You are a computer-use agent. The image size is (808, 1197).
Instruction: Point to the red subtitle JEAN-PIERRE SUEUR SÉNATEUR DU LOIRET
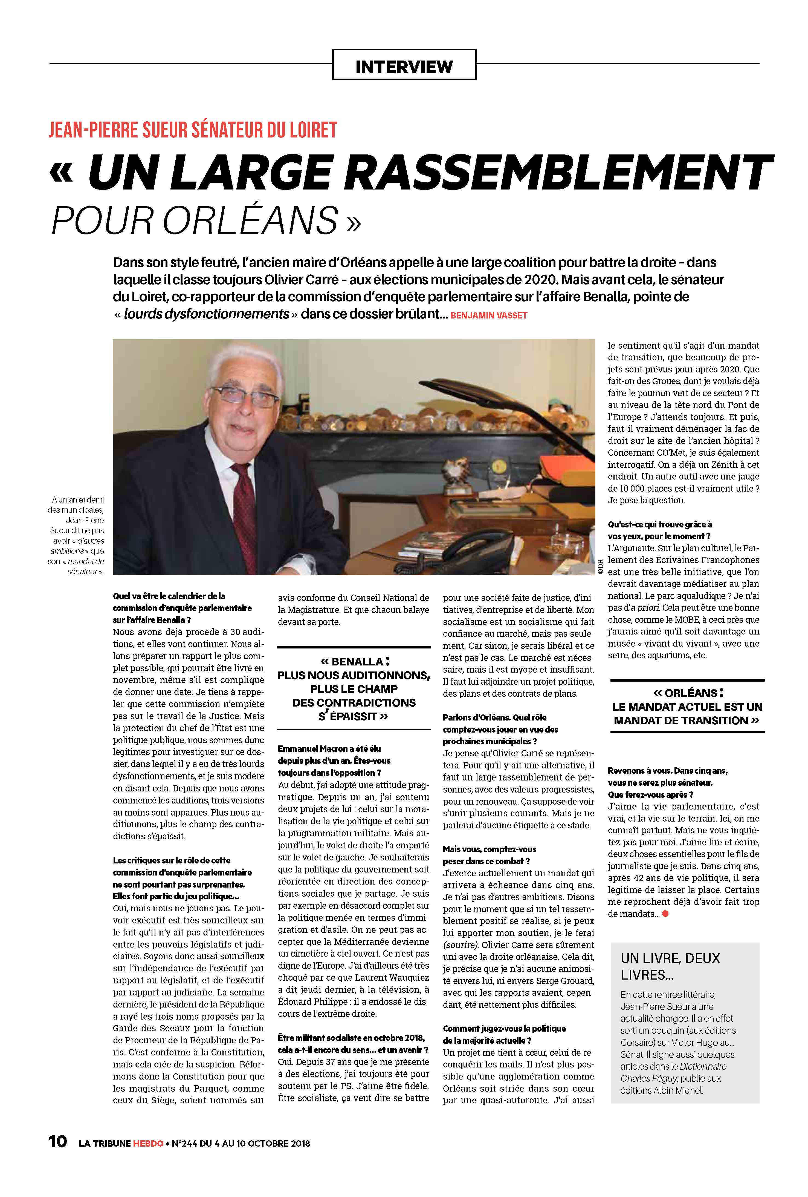coord(193,130)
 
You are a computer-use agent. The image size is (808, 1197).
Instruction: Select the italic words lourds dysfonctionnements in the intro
coord(206,314)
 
